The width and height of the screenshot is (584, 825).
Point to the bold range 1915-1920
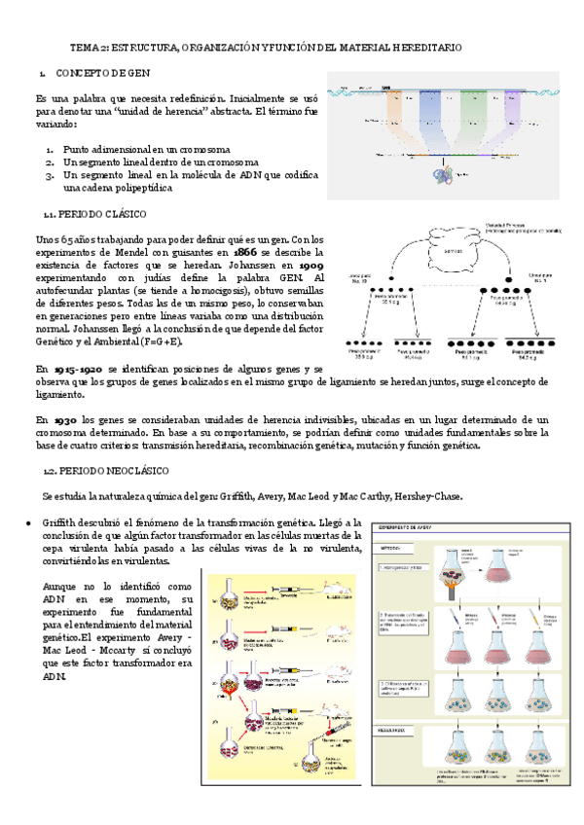click(71, 371)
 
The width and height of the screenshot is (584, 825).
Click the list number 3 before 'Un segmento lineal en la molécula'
click(48, 176)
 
